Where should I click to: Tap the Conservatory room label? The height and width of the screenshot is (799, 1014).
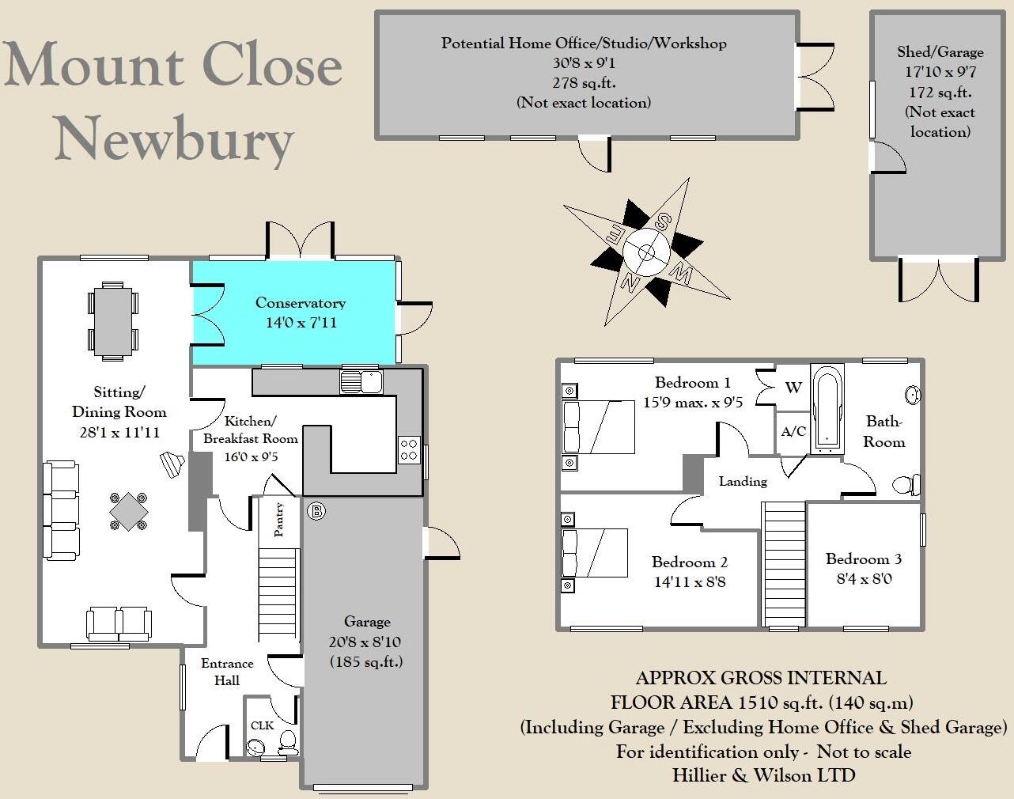tap(300, 303)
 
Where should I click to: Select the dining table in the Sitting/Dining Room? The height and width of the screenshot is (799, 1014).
tap(112, 321)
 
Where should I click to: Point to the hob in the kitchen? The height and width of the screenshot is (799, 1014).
tap(409, 449)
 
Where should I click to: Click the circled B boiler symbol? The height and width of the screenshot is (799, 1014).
tap(316, 511)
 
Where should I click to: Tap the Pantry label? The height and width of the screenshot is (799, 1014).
tap(279, 520)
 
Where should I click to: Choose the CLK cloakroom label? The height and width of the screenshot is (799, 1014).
tap(262, 725)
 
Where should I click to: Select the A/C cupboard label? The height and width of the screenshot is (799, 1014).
tap(793, 432)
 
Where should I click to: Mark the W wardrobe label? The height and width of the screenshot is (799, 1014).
tap(793, 388)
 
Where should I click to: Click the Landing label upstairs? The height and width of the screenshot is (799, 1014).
tap(743, 481)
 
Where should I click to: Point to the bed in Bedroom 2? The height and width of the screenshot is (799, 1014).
tap(595, 553)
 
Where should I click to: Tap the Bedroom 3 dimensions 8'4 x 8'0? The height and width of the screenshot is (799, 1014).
tap(864, 578)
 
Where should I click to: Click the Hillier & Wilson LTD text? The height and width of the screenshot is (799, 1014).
tap(763, 775)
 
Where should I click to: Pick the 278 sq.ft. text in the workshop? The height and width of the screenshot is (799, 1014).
tap(584, 82)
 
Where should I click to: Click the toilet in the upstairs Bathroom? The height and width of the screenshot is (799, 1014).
tap(906, 483)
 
